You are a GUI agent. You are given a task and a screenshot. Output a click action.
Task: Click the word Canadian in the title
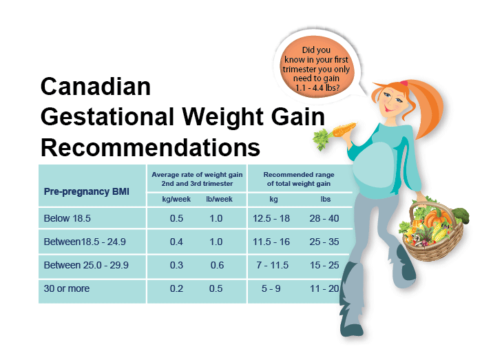(96, 86)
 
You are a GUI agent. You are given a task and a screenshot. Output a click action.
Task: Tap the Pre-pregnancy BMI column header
(86, 191)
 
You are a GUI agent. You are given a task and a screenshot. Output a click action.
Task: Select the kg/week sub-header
(176, 200)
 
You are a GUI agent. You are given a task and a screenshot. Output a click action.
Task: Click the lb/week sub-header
(219, 200)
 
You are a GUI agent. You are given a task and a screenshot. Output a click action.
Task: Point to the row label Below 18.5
(67, 218)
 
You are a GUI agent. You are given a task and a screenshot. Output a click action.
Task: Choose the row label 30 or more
(67, 288)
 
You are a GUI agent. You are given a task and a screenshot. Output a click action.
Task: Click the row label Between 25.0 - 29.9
(86, 265)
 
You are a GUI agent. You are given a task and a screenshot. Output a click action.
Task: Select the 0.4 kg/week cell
(176, 242)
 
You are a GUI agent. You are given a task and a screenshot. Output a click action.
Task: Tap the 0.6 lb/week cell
(217, 265)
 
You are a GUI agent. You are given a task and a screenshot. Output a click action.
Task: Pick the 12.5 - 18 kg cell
(271, 218)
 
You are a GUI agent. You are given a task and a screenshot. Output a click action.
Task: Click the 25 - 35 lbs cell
(324, 242)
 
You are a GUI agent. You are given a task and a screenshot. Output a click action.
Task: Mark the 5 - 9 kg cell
(271, 288)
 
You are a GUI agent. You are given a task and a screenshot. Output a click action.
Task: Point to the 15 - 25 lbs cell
(324, 265)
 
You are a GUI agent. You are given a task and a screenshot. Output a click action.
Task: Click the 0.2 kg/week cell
(176, 288)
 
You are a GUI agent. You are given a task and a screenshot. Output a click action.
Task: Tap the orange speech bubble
(316, 67)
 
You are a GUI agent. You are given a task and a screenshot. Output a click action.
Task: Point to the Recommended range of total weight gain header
(299, 179)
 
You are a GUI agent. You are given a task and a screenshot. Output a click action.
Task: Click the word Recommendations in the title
(151, 148)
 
